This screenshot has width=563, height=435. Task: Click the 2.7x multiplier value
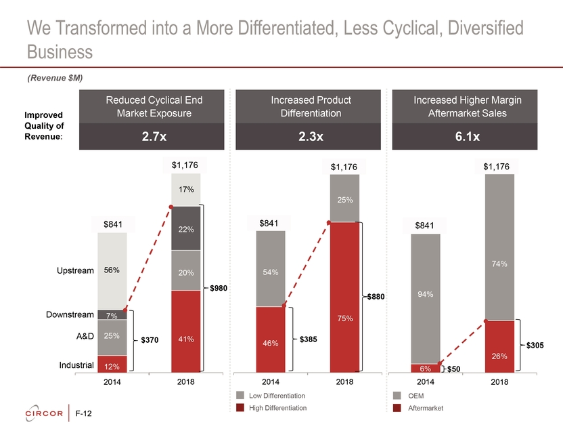154,136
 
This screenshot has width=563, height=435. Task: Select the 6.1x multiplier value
468,136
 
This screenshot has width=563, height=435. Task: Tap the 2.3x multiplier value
311,136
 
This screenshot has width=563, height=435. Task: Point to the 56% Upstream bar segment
112,270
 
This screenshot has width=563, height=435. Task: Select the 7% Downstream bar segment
112,315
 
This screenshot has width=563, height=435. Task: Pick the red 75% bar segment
345,297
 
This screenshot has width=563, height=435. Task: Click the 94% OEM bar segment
426,298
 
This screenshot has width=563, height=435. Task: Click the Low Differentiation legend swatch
241,396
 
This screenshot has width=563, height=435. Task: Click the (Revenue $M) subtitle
55,79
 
